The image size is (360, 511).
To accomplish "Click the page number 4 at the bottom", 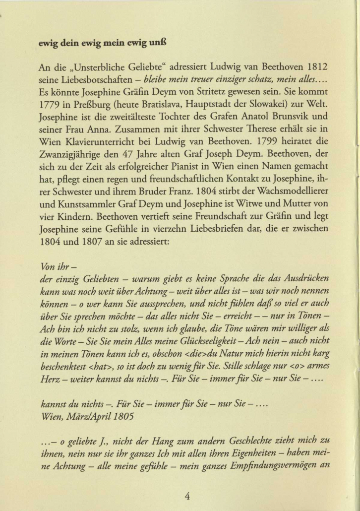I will tap(187, 495).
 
